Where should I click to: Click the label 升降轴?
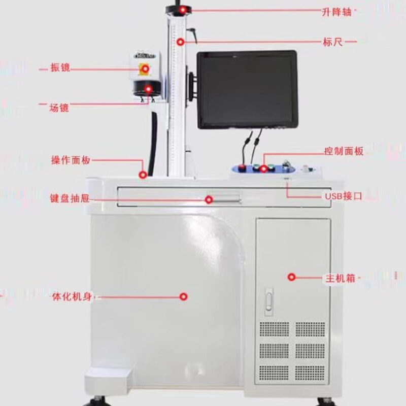tap(336, 11)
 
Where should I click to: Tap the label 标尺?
tap(332, 42)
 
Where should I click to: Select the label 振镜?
tap(60, 67)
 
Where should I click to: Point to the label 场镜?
tap(59, 107)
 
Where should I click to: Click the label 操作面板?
tap(71, 160)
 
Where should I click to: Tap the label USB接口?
tap(343, 196)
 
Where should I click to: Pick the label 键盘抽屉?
tap(70, 199)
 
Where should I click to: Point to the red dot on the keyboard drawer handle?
tap(209, 199)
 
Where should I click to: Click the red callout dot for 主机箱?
tap(291, 277)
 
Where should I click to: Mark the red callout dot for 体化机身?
tap(184, 296)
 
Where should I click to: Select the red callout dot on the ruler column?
tap(180, 42)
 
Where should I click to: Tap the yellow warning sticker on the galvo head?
tap(145, 68)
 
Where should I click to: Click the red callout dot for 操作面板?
tap(143, 175)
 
